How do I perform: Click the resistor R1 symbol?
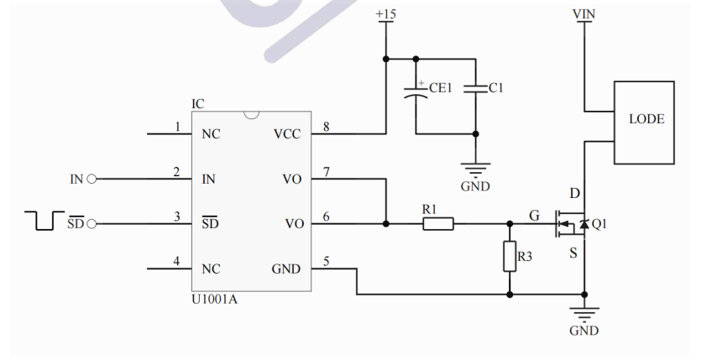(437, 224)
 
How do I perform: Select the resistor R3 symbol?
(510, 256)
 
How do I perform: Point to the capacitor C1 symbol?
(476, 87)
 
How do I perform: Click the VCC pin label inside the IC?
(286, 134)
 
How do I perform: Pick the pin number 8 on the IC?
(326, 127)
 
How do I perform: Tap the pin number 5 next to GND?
(326, 261)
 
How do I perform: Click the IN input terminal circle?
(92, 179)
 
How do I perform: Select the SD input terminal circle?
(92, 224)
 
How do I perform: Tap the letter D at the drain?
(574, 194)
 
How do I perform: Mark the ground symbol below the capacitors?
(476, 173)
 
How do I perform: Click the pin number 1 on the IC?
(177, 127)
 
